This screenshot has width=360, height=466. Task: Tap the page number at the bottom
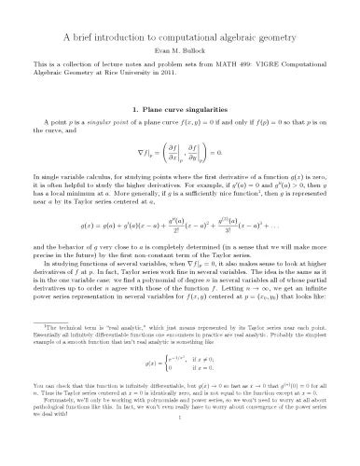pyautogui.click(x=180, y=459)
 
